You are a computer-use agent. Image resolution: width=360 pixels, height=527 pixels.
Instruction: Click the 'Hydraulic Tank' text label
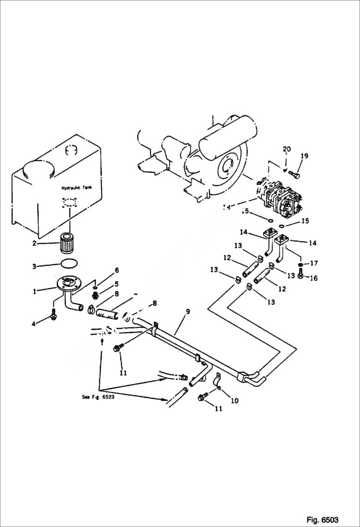click(73, 189)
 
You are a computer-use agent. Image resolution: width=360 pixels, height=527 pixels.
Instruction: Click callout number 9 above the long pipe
click(188, 311)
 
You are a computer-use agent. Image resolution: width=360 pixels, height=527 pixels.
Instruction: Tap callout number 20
click(286, 149)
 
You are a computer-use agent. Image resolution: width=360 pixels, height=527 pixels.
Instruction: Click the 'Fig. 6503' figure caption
click(322, 520)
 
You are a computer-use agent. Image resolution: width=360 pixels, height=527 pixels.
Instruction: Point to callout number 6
click(116, 270)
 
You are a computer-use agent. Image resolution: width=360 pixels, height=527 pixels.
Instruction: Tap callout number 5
click(116, 284)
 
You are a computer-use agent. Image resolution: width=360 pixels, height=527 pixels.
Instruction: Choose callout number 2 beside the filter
click(35, 243)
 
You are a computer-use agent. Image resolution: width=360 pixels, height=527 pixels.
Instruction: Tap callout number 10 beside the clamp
click(235, 400)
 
